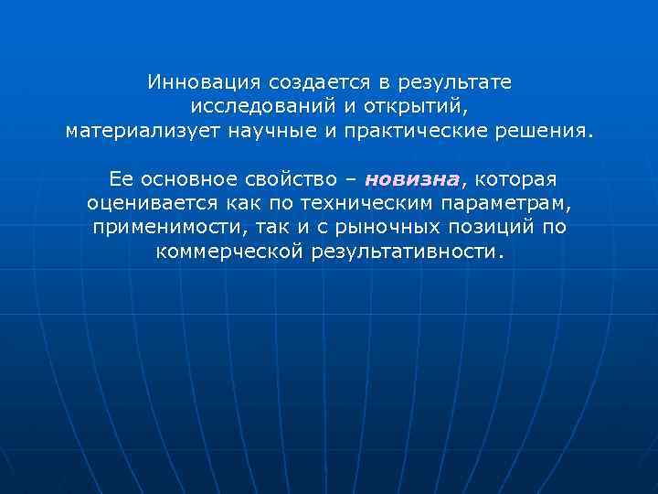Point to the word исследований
(x=263, y=106)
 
